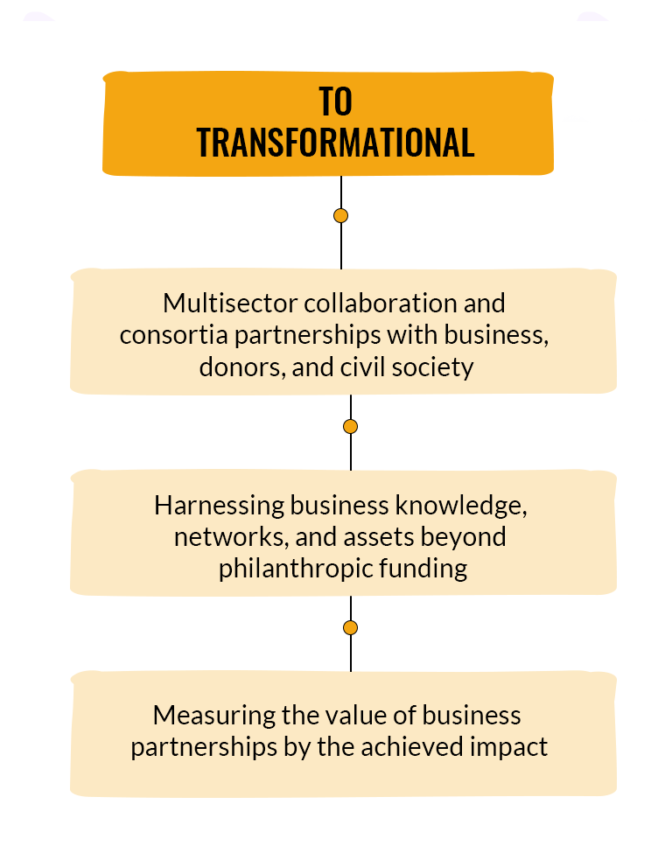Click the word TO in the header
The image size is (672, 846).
(335, 101)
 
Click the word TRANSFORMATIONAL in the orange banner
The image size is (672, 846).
(335, 143)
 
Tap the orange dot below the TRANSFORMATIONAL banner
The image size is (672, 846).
(340, 216)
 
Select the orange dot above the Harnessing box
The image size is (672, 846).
(350, 427)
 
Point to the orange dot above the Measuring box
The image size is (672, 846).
(350, 628)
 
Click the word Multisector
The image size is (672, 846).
(230, 304)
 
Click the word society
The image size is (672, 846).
(433, 368)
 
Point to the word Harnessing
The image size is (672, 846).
(219, 507)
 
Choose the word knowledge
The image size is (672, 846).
(461, 506)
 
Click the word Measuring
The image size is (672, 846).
(214, 717)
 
